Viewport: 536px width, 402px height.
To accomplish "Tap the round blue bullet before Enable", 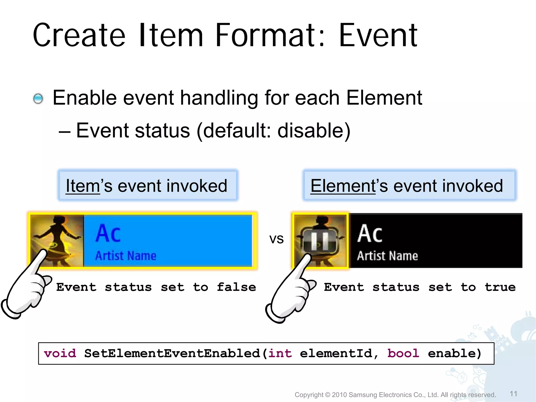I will tap(38, 99).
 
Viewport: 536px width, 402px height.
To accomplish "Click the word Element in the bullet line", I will tap(384, 98).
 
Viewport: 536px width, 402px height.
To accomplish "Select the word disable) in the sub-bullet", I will tap(314, 131).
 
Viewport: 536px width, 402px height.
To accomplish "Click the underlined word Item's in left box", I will tap(83, 186).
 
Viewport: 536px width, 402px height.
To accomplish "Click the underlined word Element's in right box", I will tap(343, 186).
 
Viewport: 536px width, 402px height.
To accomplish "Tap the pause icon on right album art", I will tap(320, 240).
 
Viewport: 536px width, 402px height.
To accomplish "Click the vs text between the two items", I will tap(276, 239).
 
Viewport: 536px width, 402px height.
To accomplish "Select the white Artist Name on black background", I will tap(387, 256).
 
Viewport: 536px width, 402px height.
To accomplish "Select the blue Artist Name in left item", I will tap(126, 256).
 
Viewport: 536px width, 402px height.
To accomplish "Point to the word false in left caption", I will tap(236, 287).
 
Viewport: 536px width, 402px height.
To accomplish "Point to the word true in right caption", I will tap(500, 287).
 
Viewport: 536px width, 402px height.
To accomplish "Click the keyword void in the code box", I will tap(60, 354).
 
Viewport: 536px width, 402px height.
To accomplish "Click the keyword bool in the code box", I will tap(403, 354).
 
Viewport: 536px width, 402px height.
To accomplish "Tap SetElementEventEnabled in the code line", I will tap(172, 354).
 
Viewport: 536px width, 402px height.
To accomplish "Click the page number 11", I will tap(513, 394).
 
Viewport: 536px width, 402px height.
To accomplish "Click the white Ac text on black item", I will tap(370, 234).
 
